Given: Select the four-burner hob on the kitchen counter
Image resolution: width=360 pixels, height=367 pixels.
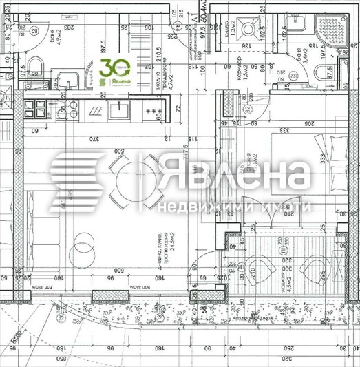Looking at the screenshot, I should click(x=35, y=109).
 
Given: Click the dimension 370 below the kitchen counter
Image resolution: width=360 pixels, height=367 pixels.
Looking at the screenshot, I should click(x=94, y=138).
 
